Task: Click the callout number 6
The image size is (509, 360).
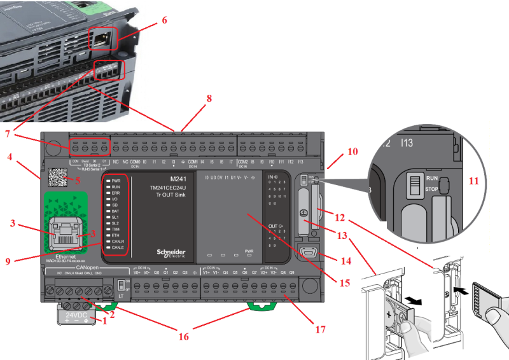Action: [164, 20]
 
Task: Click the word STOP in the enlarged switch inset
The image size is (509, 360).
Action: [433, 189]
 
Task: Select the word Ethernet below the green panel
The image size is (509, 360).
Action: [65, 256]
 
